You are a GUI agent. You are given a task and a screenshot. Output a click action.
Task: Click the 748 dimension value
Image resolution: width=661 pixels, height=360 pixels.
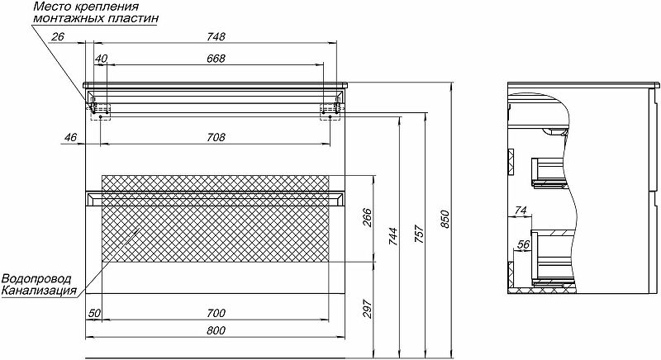coord(216,36)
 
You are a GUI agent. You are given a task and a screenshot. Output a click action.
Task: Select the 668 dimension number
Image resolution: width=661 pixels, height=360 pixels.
coord(216,59)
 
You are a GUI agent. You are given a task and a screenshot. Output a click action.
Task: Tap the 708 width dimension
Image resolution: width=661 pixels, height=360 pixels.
coord(216,137)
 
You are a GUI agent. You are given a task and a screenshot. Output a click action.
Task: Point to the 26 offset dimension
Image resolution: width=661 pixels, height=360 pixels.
coord(57,36)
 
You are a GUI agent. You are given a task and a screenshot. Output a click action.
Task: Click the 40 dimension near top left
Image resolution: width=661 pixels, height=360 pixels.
coord(101,59)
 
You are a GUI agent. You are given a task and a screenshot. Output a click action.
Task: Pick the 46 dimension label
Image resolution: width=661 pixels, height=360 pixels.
coord(70,137)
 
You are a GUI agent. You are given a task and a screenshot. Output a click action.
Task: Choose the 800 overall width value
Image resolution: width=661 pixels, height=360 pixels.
coord(216,330)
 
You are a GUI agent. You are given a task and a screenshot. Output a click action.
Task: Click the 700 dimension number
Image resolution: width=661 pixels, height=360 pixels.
coord(216,313)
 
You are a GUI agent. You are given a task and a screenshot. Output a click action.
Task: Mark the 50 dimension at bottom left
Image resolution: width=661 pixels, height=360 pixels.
coord(94,313)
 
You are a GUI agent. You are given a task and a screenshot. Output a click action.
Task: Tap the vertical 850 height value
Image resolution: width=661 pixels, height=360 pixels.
coord(445,219)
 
